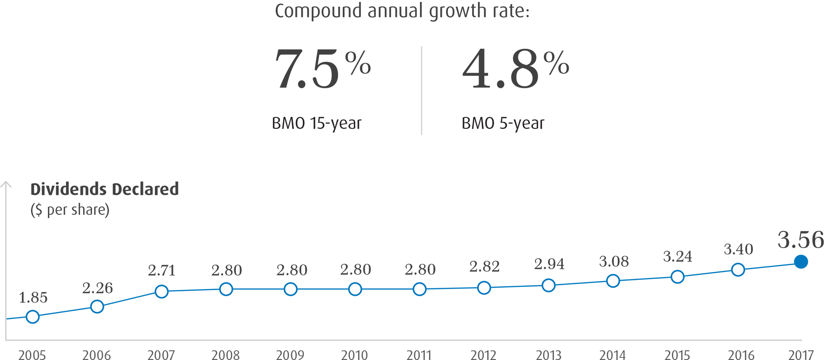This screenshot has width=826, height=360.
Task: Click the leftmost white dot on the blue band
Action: [x=33, y=317]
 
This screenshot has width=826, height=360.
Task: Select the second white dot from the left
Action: [x=97, y=306]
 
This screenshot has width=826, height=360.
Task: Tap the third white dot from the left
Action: [x=162, y=292]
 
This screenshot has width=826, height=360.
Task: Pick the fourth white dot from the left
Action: [x=226, y=289]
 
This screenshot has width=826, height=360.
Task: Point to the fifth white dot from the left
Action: [x=291, y=289]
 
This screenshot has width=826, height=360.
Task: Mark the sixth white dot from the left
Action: [x=355, y=289]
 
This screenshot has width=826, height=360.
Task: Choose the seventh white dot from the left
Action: [x=420, y=289]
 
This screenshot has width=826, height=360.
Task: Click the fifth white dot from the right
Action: [x=484, y=287]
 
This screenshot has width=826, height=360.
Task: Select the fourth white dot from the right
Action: [x=548, y=285]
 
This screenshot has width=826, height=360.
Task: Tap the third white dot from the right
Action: [x=613, y=281]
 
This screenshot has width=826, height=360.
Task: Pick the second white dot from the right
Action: [x=678, y=276]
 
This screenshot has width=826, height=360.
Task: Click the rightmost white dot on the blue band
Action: [x=738, y=270]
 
